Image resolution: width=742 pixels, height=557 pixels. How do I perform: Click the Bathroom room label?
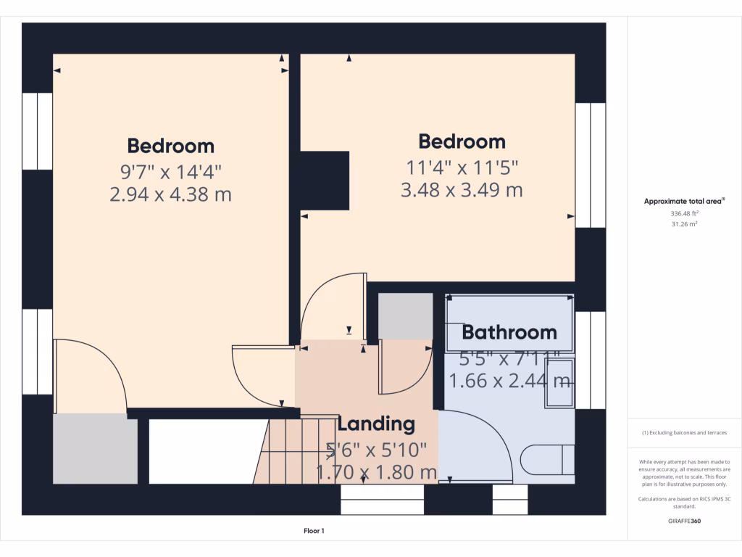[509, 332]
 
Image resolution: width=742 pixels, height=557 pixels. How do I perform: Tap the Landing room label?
[376, 424]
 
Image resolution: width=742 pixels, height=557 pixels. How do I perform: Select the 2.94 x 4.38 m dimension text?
[170, 194]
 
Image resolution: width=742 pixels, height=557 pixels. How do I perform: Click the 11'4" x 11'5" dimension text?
[462, 168]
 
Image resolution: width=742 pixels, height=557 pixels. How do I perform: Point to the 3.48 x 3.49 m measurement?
[462, 190]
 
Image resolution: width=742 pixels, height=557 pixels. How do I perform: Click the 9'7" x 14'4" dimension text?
[170, 172]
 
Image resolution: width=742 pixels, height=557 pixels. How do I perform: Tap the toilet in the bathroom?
[546, 459]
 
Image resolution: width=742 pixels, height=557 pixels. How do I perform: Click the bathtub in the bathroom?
[509, 323]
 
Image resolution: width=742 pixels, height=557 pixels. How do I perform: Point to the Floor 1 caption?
[314, 532]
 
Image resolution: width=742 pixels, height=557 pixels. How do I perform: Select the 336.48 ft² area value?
[685, 214]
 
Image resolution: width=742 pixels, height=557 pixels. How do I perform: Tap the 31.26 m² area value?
[685, 225]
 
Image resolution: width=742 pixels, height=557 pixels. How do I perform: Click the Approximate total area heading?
[684, 202]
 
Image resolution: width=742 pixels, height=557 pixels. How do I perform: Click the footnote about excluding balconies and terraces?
[684, 433]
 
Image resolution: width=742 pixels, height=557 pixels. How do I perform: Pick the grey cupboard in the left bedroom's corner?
[96, 448]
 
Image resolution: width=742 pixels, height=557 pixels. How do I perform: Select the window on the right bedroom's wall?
[590, 165]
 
